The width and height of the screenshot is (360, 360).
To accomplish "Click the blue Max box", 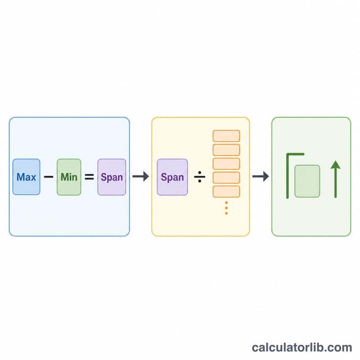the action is click(27, 177).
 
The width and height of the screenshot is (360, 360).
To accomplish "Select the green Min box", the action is click(69, 177).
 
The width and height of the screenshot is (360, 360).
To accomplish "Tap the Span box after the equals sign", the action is click(112, 177).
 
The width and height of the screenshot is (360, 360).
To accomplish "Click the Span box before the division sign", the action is click(172, 177).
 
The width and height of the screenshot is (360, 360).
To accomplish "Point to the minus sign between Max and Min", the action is click(49, 177).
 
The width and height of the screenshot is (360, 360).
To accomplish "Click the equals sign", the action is click(89, 177).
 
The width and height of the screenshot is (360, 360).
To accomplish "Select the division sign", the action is click(200, 177).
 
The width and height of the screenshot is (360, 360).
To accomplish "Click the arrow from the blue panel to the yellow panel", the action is click(141, 176).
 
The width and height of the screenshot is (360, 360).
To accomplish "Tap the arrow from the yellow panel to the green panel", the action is click(261, 176).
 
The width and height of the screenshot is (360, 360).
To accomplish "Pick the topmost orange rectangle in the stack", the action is click(226, 136).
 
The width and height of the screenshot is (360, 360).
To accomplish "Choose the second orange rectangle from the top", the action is click(226, 150).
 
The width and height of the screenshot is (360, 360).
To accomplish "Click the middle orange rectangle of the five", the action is click(226, 164).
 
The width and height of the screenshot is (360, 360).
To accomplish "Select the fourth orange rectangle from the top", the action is click(226, 178).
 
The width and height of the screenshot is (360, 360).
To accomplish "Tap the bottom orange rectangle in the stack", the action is click(226, 192).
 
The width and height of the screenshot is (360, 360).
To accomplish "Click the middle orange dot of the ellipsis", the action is click(226, 208).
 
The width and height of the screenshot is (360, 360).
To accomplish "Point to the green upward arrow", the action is click(336, 179).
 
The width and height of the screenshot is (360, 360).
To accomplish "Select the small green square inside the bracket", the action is click(307, 181).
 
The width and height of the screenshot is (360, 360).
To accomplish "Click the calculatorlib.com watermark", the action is click(302, 347).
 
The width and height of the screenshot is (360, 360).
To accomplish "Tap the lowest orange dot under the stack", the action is click(226, 213).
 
